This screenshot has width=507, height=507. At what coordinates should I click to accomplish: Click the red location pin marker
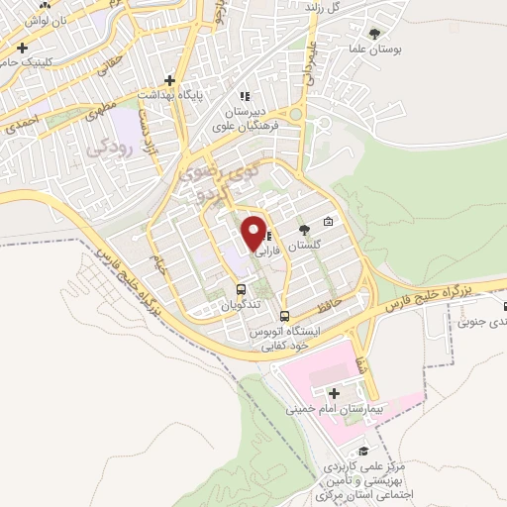254,235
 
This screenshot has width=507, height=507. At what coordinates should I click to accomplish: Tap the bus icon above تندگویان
242,289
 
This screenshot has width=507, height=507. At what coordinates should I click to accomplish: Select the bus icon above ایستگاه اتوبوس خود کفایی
285,317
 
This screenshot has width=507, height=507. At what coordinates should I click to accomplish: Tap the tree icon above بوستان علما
372,33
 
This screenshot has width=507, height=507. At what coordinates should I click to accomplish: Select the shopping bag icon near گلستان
329,221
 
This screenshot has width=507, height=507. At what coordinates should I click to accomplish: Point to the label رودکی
108,149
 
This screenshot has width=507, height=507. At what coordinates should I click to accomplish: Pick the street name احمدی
21,127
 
